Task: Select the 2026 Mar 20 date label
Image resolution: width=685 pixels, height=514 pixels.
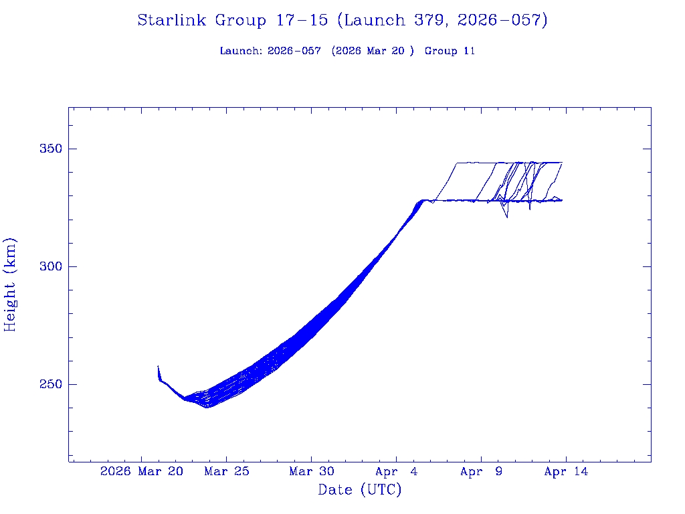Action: point(141,472)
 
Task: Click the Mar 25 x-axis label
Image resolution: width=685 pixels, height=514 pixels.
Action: point(227,472)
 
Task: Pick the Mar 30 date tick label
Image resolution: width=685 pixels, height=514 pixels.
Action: point(312,472)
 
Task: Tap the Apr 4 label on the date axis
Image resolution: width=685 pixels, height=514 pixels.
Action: point(397,472)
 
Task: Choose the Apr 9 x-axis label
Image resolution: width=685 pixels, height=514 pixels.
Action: point(482,472)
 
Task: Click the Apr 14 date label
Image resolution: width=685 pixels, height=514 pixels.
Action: point(566,472)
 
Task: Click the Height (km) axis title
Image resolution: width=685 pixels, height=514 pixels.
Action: point(11,284)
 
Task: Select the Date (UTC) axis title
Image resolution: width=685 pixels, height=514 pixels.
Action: point(360,490)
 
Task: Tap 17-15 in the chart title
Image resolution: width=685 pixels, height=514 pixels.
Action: point(302,21)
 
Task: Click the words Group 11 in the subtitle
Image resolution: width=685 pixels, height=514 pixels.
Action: point(450,51)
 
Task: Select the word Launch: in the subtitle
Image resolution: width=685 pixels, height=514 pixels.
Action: point(241,51)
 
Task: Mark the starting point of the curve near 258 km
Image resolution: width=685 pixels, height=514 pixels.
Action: point(159,367)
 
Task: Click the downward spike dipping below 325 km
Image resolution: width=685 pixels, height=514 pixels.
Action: point(507,217)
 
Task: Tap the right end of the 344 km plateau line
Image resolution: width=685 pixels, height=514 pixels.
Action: point(562,163)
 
